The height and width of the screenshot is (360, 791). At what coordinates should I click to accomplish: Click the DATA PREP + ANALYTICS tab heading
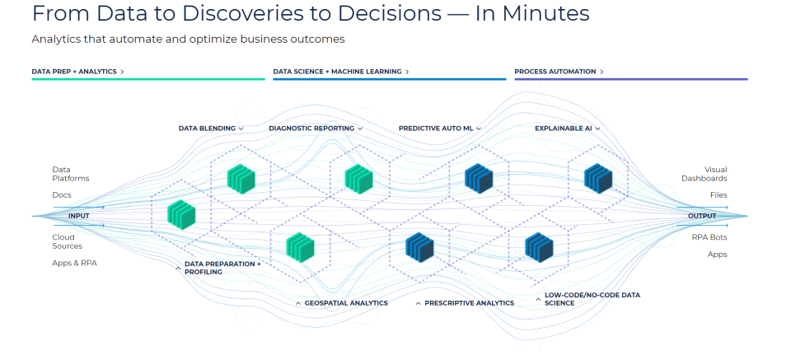(77, 72)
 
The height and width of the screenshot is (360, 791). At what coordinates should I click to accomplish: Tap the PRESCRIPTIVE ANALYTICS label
(469, 303)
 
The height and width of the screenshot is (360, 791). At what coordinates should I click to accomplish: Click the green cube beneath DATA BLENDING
(240, 177)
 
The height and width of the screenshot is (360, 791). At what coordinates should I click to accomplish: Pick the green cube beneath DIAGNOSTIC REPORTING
(358, 177)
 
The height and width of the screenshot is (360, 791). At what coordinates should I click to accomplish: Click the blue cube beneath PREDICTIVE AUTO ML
(479, 177)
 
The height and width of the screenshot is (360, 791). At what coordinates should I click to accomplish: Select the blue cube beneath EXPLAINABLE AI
(598, 177)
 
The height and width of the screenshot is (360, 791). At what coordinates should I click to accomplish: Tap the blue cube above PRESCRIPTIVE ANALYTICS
(419, 246)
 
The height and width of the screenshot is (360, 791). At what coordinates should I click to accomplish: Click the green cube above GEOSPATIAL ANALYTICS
(300, 246)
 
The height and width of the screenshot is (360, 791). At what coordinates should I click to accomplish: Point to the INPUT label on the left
(79, 216)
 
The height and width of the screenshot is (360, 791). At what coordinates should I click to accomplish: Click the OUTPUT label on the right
(702, 216)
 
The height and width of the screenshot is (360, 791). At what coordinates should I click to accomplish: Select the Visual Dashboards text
(704, 174)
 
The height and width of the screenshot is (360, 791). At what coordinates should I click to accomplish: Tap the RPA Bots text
(709, 237)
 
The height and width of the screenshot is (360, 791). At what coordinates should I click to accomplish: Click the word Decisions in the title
(409, 14)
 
